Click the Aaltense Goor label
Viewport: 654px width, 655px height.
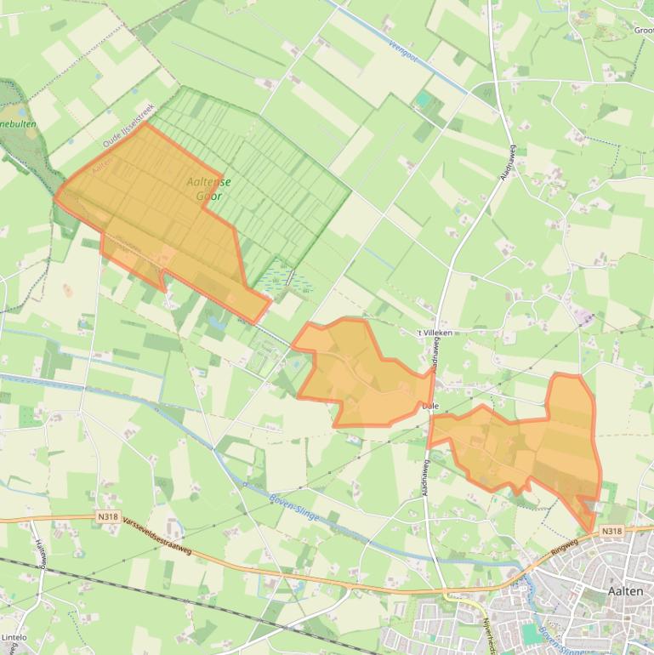(208, 188)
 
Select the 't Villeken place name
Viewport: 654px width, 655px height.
(434, 333)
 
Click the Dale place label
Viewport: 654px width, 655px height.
(430, 407)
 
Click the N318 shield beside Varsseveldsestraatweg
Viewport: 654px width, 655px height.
(107, 515)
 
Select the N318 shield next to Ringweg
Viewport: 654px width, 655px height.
(611, 532)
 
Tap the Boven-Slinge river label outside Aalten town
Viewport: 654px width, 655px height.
(293, 502)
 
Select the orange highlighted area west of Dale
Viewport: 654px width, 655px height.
(357, 374)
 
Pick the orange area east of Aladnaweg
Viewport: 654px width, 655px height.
(536, 442)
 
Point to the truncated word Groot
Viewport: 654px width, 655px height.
(643, 30)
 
